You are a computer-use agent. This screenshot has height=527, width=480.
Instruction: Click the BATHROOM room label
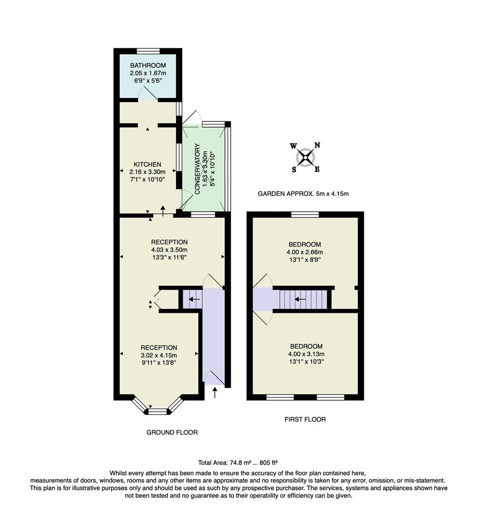point(148,65)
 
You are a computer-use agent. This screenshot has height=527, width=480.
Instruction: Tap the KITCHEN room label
point(147,164)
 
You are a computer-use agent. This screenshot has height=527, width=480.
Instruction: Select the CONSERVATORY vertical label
point(198,169)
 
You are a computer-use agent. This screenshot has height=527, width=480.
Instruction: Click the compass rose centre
point(305,157)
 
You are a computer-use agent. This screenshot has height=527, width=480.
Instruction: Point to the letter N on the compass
point(317,145)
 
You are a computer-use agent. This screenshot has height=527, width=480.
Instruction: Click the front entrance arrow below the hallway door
point(215,392)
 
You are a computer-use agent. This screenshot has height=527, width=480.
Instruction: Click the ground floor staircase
point(192,300)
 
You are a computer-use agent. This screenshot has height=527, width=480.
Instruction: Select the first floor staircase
point(303,299)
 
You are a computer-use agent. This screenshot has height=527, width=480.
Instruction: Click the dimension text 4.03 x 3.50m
point(169,250)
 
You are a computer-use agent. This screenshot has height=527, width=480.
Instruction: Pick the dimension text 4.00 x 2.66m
point(305,252)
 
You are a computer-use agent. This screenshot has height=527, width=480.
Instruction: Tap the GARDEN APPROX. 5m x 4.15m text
point(303,194)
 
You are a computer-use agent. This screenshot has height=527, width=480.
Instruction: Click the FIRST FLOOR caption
point(305,419)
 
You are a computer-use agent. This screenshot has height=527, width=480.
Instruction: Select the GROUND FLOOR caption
point(172,432)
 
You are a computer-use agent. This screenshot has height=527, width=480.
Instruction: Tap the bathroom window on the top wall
point(148,51)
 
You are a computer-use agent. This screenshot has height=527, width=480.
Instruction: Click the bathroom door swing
point(148,93)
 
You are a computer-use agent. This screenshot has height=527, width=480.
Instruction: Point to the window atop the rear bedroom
point(305,214)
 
